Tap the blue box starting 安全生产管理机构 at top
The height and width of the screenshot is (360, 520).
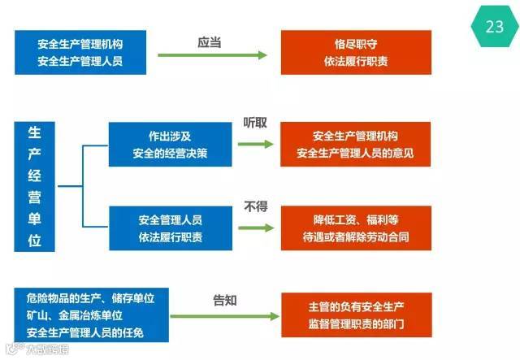(x=80, y=52)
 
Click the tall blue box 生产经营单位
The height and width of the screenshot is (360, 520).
(x=35, y=186)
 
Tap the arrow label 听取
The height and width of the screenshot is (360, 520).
(x=255, y=123)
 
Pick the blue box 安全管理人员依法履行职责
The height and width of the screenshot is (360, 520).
(x=171, y=228)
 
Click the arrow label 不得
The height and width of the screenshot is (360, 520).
(x=255, y=207)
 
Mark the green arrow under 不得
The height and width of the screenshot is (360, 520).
(x=256, y=228)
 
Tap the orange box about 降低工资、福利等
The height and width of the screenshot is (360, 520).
(x=356, y=228)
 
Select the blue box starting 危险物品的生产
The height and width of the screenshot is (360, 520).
(x=92, y=314)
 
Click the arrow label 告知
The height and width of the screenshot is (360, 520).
(x=224, y=301)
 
